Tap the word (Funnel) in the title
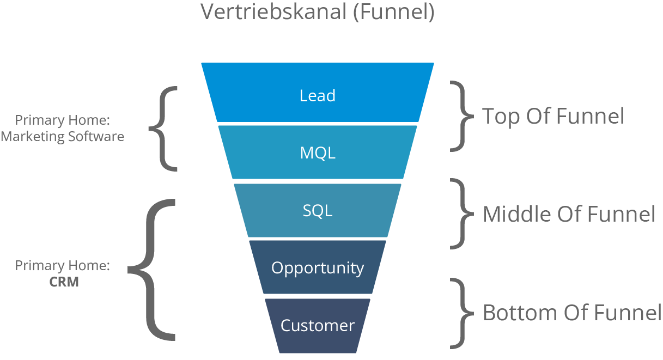(x=393, y=12)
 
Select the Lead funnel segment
(x=318, y=95)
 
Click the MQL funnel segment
(x=318, y=153)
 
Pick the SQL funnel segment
(x=318, y=211)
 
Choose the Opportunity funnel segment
(x=318, y=268)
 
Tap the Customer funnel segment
(x=318, y=326)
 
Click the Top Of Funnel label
(x=553, y=116)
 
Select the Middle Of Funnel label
(x=569, y=214)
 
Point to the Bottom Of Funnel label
(x=571, y=313)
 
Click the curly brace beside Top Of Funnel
(x=461, y=116)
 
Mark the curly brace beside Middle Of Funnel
(x=461, y=214)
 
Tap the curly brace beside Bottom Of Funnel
(x=461, y=313)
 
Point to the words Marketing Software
(x=62, y=137)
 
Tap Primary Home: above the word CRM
(x=63, y=266)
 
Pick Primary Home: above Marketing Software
(x=63, y=120)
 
